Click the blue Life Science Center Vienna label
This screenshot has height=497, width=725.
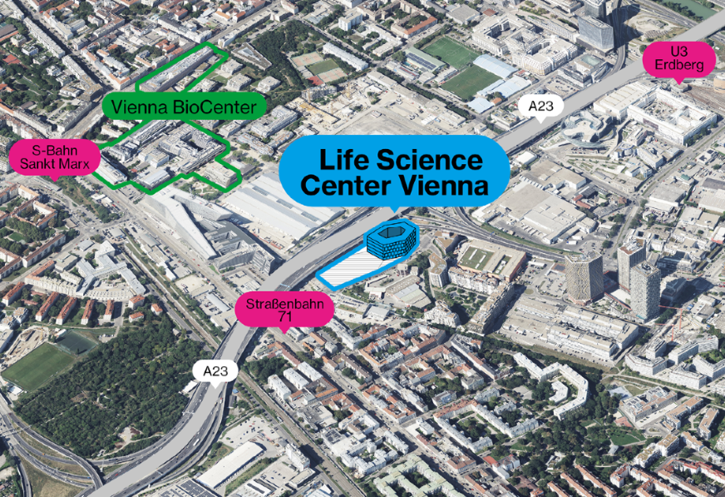[x=394, y=171]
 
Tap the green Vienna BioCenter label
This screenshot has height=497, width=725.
[x=184, y=107]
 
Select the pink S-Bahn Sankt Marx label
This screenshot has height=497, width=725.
[x=55, y=158]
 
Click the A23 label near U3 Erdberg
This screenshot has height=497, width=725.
[x=540, y=107]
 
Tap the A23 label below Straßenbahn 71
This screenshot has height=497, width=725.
[x=215, y=372]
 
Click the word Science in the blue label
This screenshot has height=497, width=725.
[x=430, y=161]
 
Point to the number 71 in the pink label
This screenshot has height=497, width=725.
[x=284, y=316]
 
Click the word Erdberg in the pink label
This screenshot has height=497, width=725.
[x=678, y=65]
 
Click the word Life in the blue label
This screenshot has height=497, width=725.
[x=344, y=161]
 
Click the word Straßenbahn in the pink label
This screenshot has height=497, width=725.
[x=284, y=305]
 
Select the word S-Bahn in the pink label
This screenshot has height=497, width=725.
[x=55, y=151]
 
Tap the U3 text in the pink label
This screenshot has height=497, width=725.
[x=678, y=52]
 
